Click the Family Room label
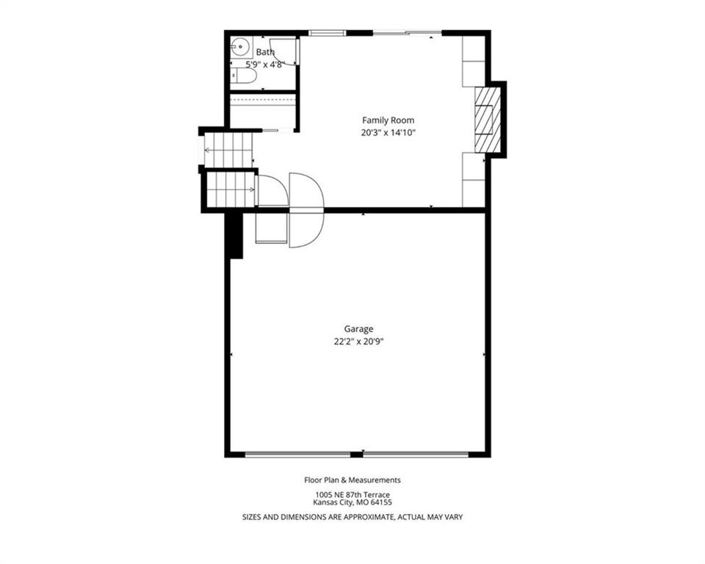pyautogui.click(x=388, y=120)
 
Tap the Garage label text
pyautogui.click(x=358, y=329)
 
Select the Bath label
pyautogui.click(x=265, y=52)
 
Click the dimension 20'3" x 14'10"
pyautogui.click(x=388, y=133)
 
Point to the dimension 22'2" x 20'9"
pyautogui.click(x=358, y=341)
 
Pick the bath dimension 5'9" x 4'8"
pyautogui.click(x=265, y=65)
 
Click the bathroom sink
pyautogui.click(x=242, y=46)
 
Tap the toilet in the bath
pyautogui.click(x=243, y=77)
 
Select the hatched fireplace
pyautogui.click(x=488, y=119)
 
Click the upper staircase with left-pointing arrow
pyautogui.click(x=228, y=150)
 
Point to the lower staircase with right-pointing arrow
pyautogui.click(x=231, y=189)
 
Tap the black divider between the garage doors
pyautogui.click(x=357, y=455)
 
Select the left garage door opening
pyautogui.click(x=297, y=455)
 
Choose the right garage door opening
pyautogui.click(x=416, y=455)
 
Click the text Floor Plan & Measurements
pyautogui.click(x=352, y=480)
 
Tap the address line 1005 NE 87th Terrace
pyautogui.click(x=352, y=495)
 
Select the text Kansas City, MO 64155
pyautogui.click(x=352, y=502)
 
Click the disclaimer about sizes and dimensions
pyautogui.click(x=352, y=517)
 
